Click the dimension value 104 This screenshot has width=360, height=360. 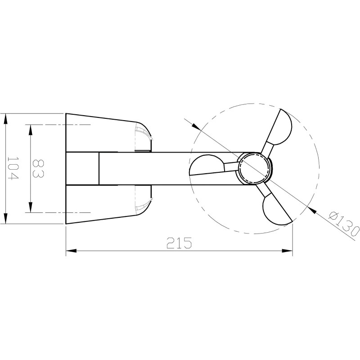[13, 169]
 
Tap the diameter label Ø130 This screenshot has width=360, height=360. [344, 224]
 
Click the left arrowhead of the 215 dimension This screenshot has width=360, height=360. [71, 250]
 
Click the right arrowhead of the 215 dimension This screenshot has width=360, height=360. [288, 250]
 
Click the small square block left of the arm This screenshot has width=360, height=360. [82, 168]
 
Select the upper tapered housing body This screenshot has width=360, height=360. [101, 133]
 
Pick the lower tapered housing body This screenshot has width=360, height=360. [101, 203]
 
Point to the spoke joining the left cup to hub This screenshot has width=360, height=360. [230, 166]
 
